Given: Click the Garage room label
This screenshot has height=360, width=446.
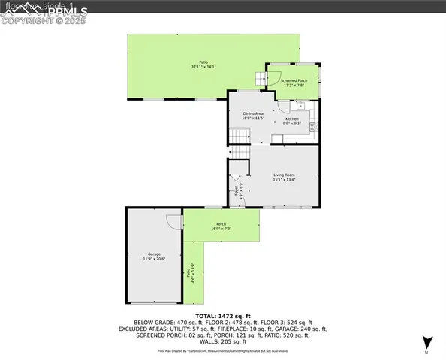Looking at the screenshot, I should click(x=153, y=256).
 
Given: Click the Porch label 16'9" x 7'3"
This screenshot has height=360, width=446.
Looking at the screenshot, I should click(x=221, y=226).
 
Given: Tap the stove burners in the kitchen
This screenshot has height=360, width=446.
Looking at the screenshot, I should click(x=314, y=127).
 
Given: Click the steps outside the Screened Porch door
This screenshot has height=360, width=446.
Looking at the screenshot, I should click(x=260, y=77).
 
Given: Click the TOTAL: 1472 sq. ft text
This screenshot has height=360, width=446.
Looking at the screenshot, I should click(x=222, y=316).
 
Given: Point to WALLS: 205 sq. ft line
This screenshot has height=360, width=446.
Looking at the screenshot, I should click(x=222, y=341).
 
